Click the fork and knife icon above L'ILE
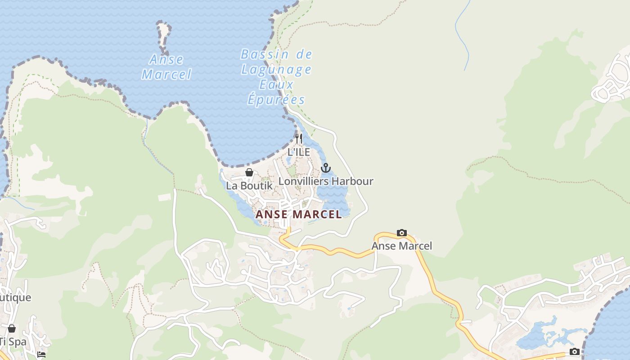[299, 138]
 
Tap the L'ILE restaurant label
[299, 152]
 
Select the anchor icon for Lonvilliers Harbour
[326, 168]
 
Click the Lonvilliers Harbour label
[326, 181]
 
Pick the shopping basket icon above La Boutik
[249, 172]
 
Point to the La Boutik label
[249, 185]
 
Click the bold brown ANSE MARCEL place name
[299, 215]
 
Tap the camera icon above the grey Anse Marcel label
[402, 233]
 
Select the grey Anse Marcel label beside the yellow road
[402, 246]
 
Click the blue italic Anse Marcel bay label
[166, 67]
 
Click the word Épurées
[276, 100]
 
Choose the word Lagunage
[276, 70]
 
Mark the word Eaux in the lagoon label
[276, 85]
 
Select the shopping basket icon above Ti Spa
[12, 328]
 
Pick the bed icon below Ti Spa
[41, 355]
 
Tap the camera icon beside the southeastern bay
[575, 351]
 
